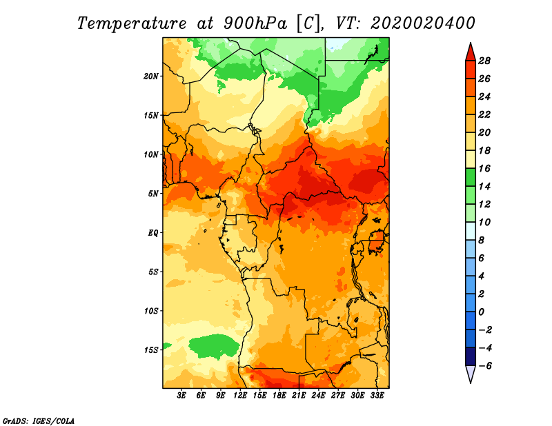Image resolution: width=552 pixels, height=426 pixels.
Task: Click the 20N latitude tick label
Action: point(151,77)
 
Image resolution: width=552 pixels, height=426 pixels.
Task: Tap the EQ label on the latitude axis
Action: point(153,233)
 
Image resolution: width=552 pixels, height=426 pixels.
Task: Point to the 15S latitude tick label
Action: point(151,350)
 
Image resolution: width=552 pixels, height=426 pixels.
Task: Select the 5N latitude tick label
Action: point(153,194)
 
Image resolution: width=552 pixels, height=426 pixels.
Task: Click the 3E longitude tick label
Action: point(181,396)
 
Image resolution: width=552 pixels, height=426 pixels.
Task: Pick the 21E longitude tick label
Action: point(299,396)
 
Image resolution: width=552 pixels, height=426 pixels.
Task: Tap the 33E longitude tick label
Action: point(377,396)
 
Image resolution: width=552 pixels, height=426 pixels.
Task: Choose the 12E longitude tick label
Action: point(240,396)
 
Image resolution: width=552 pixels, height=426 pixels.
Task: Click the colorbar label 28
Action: point(484,61)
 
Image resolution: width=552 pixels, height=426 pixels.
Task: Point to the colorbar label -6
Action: point(485,366)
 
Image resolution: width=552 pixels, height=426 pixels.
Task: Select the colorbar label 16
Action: point(484,168)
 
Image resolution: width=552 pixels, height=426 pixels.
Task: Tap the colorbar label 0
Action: point(481,312)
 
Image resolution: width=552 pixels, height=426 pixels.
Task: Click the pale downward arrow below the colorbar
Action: point(471,373)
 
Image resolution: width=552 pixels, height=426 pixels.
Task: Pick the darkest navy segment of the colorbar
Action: point(471,356)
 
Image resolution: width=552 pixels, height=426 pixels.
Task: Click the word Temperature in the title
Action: point(132,23)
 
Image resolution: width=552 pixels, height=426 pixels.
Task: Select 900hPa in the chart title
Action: point(255,23)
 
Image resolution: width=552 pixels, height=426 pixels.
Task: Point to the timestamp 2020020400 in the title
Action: point(422,23)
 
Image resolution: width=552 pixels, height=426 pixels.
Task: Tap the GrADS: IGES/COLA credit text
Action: point(39,420)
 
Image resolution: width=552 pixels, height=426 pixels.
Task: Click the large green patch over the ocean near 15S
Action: point(214,346)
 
